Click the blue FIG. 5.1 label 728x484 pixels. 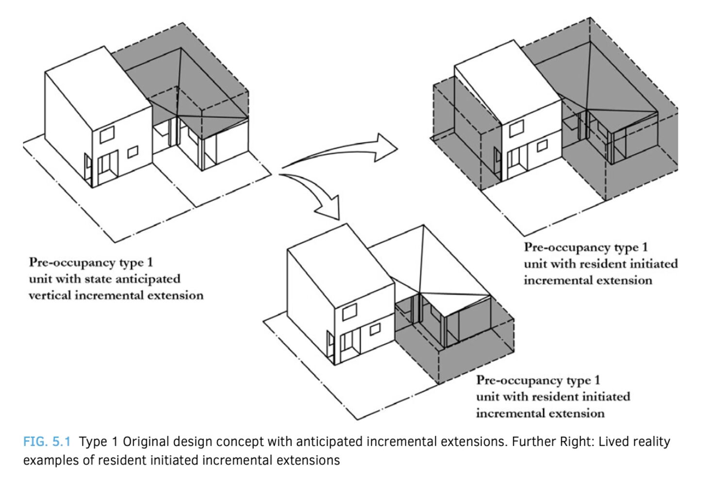47,441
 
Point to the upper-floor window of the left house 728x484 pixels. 107,134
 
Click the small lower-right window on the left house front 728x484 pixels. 132,152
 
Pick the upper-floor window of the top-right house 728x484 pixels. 516,128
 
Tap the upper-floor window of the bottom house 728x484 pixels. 350,312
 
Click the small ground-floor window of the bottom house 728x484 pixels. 375,329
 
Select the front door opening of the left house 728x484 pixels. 108,167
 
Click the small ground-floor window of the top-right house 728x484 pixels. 542,146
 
